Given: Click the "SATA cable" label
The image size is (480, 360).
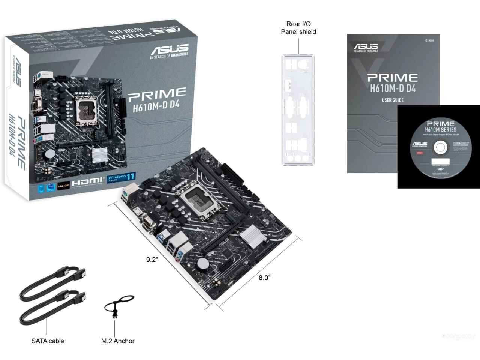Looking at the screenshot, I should tap(48, 341).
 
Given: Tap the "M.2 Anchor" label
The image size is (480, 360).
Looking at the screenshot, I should tap(118, 341).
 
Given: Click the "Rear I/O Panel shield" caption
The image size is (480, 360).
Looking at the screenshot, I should tap(298, 28).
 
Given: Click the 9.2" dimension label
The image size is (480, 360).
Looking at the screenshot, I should tap(152, 259).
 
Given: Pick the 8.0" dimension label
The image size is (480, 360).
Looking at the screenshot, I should tap(264, 277).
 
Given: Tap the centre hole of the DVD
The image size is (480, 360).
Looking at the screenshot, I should tap(439, 148).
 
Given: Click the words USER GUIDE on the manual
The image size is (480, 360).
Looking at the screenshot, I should tap(392, 100).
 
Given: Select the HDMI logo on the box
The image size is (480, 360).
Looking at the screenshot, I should tap(88, 181).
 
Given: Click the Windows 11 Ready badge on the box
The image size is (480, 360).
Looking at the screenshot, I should tap(121, 178).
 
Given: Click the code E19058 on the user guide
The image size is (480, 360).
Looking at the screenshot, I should tap(429, 40).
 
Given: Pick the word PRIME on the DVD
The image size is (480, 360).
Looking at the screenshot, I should tap(441, 124).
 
